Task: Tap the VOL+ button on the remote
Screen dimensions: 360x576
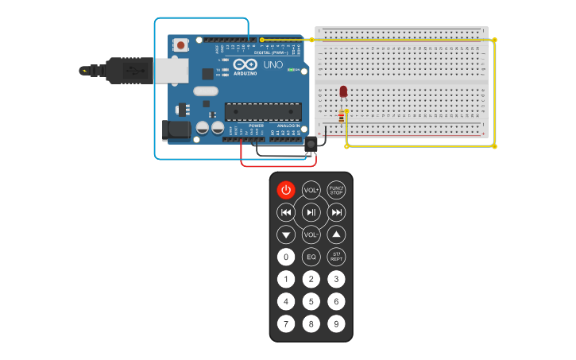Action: [311, 190]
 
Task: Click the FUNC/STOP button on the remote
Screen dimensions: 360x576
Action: [336, 190]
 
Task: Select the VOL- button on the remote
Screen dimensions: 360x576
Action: [311, 234]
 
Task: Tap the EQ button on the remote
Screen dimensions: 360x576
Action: [311, 257]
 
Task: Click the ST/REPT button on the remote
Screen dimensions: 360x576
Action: [336, 257]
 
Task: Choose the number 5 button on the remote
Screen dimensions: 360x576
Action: [311, 301]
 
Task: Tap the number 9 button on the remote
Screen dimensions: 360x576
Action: [336, 323]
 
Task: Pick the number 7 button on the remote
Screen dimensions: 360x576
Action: [286, 323]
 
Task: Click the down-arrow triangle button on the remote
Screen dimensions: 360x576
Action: [286, 234]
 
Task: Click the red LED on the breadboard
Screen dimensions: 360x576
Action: [343, 92]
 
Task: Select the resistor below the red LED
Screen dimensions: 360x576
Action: [342, 117]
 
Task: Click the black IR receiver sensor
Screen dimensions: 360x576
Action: [311, 143]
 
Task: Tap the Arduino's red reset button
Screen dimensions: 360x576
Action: [181, 45]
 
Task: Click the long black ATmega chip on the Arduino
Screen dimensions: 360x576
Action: [262, 112]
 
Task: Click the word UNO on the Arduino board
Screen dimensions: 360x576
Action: [273, 64]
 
